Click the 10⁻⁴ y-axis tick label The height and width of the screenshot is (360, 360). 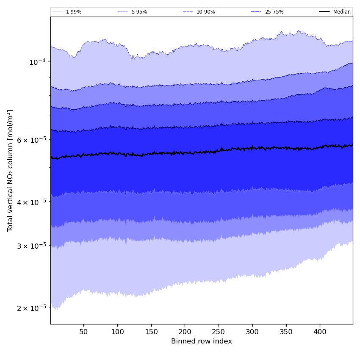(37, 62)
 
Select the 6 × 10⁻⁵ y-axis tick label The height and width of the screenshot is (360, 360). (31, 140)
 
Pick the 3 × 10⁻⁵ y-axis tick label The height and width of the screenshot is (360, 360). (31, 246)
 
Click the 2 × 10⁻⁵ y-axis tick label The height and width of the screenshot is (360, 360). (31, 308)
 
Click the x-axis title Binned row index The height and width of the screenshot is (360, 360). (202, 341)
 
